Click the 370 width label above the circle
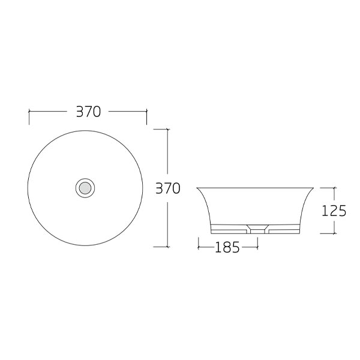[88, 112]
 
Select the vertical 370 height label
[167, 188]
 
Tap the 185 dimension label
[227, 247]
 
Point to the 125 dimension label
[334, 211]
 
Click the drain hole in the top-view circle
[85, 188]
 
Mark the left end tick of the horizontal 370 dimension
[29, 112]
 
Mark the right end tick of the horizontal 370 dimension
[146, 112]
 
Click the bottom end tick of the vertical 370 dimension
[167, 246]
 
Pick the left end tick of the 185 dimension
[198, 246]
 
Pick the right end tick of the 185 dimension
[257, 246]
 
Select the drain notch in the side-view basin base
[257, 229]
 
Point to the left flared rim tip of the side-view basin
[198, 188]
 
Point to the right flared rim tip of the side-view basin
[317, 188]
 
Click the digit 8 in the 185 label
[227, 247]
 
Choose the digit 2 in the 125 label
[334, 211]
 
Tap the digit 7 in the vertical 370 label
[167, 188]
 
